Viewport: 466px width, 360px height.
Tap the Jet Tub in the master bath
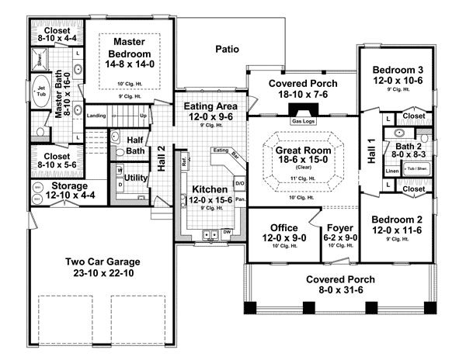coord(40,92)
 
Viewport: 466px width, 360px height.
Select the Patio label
coord(228,49)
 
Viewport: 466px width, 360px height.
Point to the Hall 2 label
coord(161,157)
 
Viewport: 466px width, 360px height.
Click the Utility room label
coord(136,178)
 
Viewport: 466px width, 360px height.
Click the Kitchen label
coord(210,189)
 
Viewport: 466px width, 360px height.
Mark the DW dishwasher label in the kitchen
coord(227,232)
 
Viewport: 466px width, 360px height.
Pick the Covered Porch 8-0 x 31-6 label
coord(339,279)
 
